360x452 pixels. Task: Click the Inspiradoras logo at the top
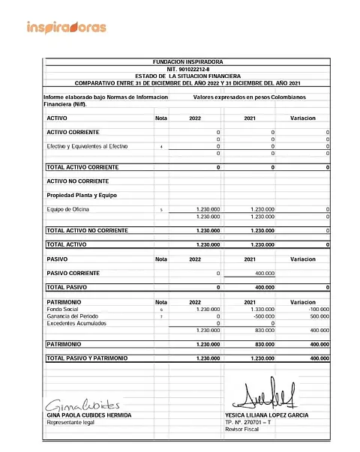[x=66, y=28]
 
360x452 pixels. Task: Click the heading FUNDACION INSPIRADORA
[x=187, y=61]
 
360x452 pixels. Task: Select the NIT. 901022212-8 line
[x=187, y=68]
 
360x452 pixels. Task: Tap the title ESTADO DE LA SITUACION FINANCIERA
[x=187, y=76]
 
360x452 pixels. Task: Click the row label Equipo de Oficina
[x=69, y=209]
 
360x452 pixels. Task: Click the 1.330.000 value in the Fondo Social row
[x=262, y=309]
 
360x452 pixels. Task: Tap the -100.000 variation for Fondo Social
[x=316, y=309]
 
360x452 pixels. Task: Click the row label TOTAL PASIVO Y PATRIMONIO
[x=87, y=358]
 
